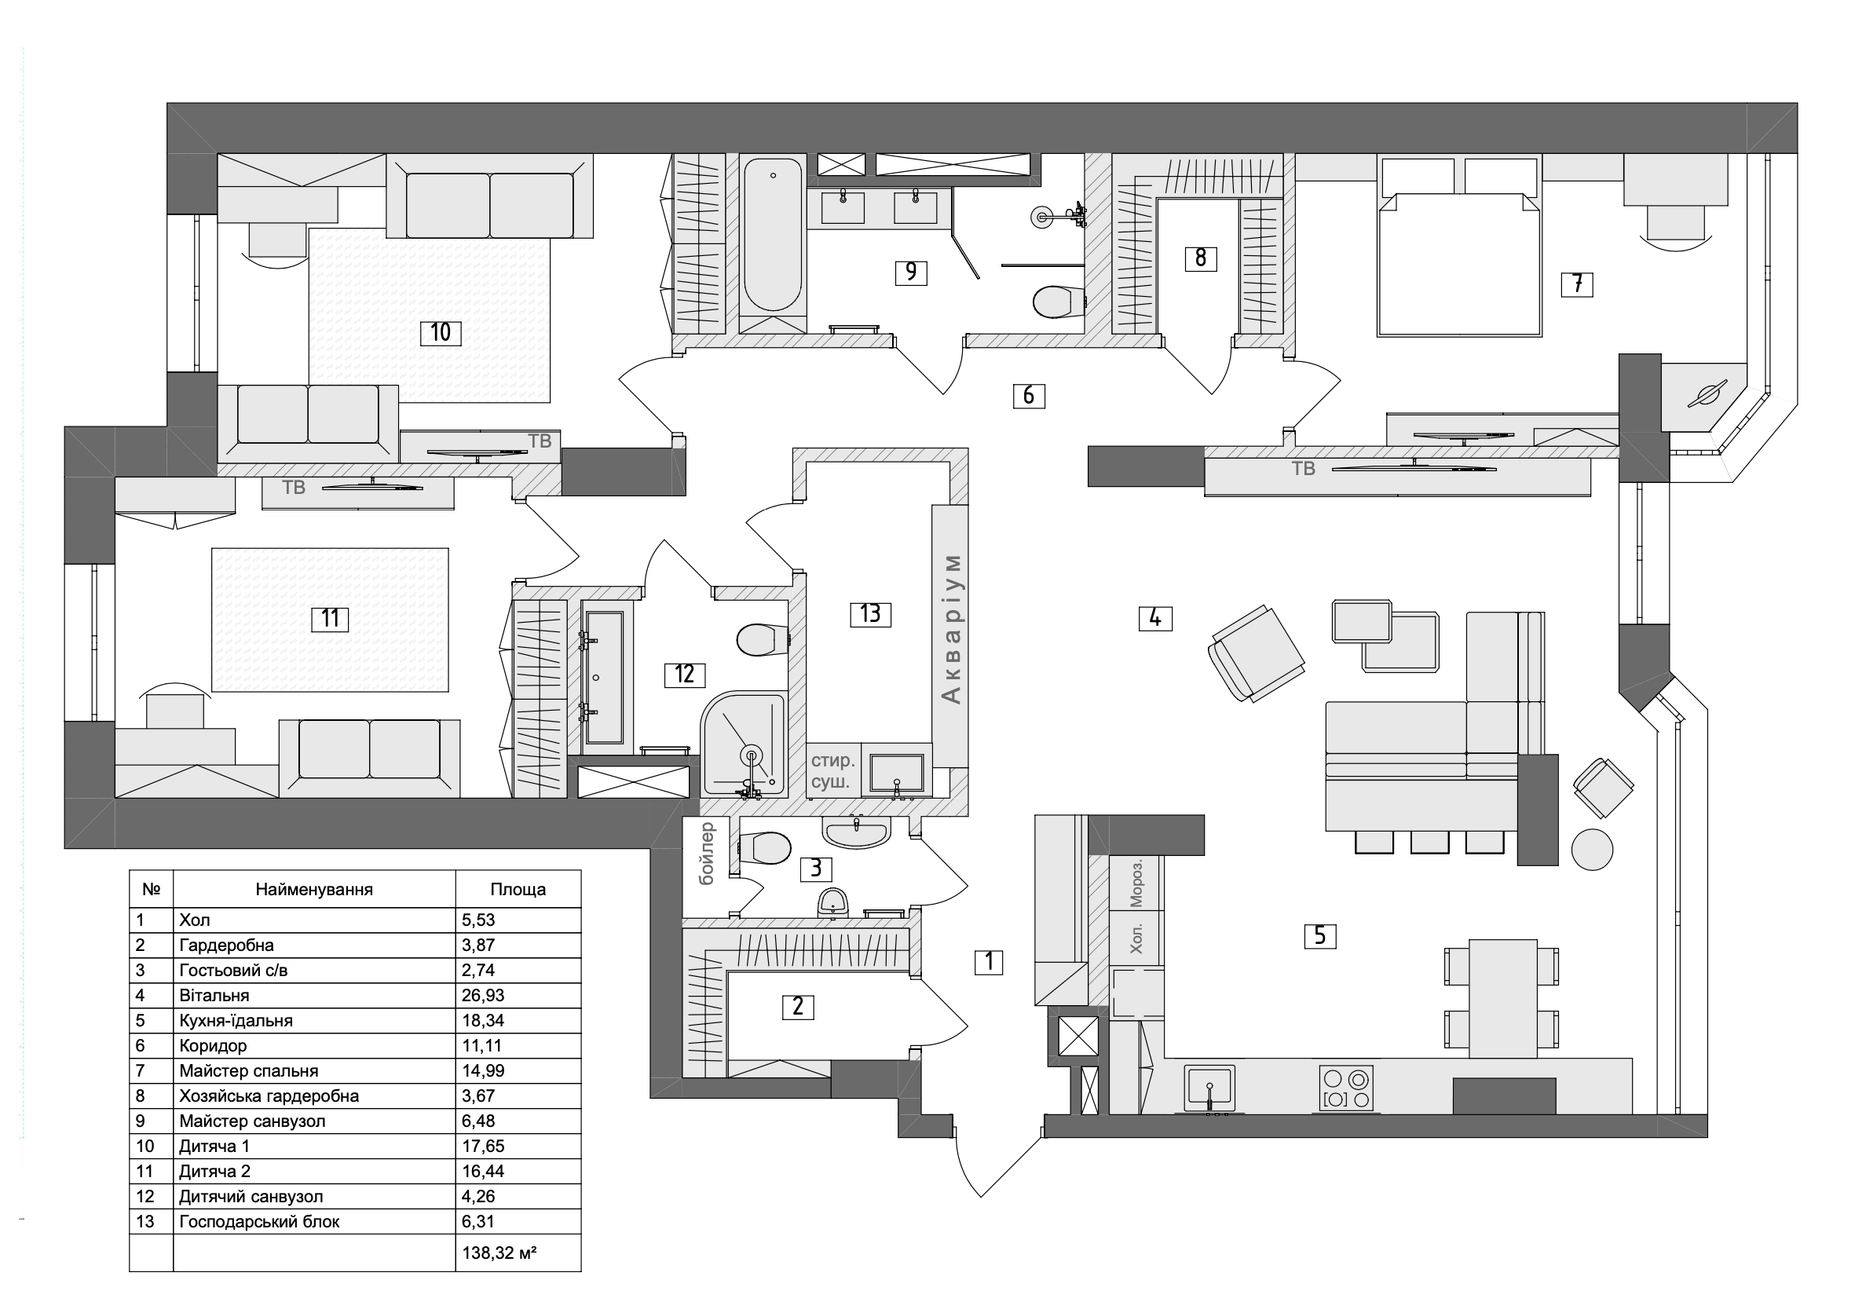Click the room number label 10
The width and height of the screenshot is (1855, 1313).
pos(440,332)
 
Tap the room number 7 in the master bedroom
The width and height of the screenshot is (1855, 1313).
pos(1577,283)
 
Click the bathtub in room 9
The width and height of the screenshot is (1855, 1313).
pos(772,236)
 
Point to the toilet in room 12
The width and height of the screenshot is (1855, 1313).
pos(762,639)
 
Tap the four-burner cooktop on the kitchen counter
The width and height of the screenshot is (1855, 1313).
pos(1345,1088)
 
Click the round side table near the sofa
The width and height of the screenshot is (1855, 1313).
pos(1591,850)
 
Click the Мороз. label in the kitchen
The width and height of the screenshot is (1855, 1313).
pos(1136,882)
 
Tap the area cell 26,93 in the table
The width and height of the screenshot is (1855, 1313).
pos(480,995)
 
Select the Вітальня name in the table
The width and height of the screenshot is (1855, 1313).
pos(214,995)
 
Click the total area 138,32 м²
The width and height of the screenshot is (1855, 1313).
pos(499,1253)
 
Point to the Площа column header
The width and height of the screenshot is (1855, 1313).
pos(518,890)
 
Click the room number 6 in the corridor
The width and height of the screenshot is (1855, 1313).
pos(1028,395)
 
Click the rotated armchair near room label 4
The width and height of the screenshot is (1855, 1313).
pos(1256,653)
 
